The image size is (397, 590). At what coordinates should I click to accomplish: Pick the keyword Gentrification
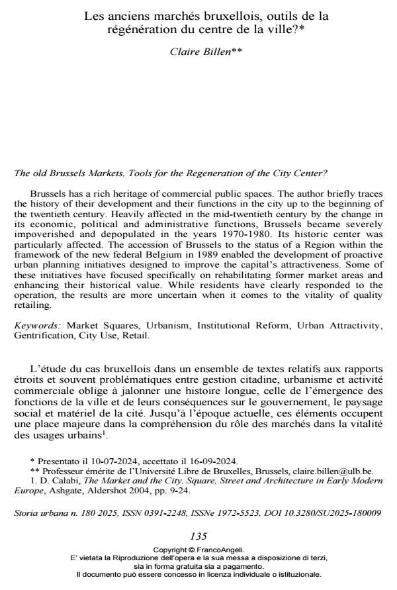pyautogui.click(x=42, y=336)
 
